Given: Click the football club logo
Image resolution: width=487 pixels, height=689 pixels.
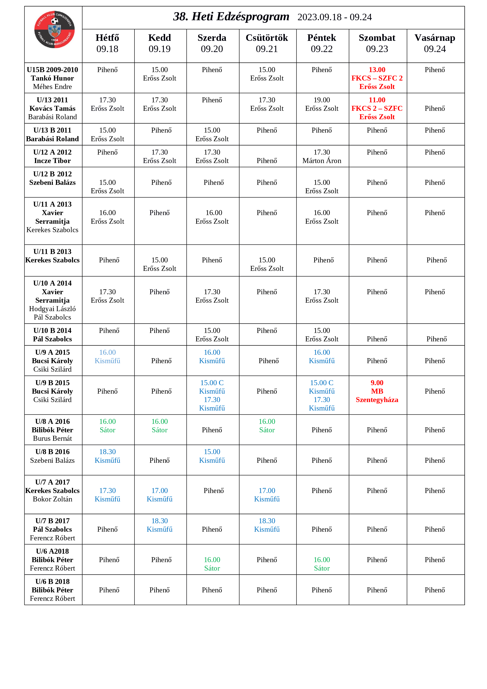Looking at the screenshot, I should point(54,29).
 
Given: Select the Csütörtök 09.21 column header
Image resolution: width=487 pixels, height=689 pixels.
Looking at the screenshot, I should point(267,43).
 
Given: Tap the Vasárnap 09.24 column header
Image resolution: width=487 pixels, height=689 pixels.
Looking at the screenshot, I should point(435,43).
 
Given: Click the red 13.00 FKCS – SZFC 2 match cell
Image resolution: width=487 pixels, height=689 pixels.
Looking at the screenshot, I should point(377,78).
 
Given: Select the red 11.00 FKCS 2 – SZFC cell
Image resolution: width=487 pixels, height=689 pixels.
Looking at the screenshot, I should point(377,108).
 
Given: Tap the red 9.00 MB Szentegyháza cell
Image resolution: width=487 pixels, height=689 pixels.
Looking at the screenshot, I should point(377,391).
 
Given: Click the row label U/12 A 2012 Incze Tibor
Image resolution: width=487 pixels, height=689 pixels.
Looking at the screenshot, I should point(52,156).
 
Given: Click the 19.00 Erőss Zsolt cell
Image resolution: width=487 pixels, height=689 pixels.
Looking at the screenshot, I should point(322,104).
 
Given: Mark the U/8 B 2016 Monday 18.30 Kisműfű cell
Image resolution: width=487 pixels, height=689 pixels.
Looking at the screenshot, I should point(107,456).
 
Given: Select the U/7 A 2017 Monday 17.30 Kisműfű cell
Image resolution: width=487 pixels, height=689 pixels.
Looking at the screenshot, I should point(107,495).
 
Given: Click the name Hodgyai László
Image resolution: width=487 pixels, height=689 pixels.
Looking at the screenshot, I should point(52,309).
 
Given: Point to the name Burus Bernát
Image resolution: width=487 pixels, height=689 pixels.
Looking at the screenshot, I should point(52,438).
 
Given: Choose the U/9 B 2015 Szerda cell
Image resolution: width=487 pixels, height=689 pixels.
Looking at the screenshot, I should point(212,395).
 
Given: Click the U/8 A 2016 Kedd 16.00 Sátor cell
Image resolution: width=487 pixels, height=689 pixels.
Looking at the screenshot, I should point(160,426).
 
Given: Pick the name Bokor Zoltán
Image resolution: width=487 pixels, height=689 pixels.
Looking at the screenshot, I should point(52,499).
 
